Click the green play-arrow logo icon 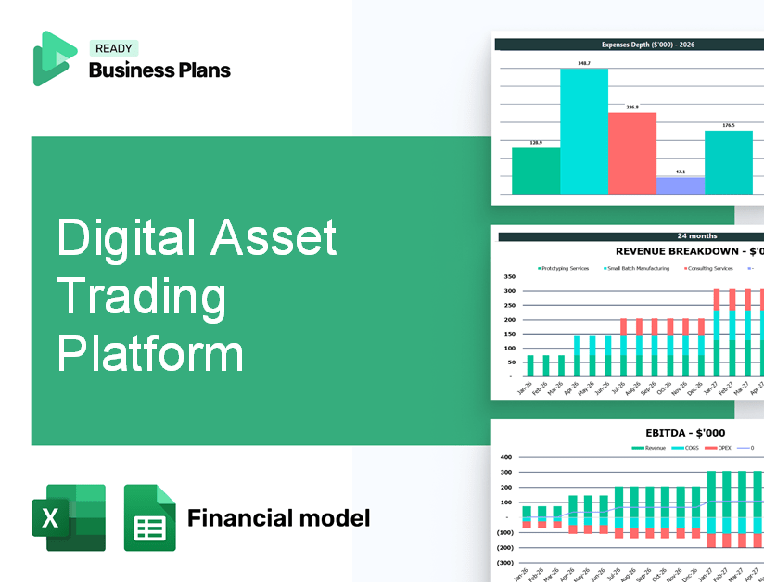(54, 58)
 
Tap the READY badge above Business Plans (113, 49)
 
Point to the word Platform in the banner (150, 354)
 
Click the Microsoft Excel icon (69, 518)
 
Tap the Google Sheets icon (149, 518)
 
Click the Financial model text (278, 517)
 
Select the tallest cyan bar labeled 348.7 (583, 131)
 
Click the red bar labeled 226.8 (631, 153)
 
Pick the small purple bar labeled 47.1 (680, 185)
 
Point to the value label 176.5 (728, 125)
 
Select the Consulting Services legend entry (710, 268)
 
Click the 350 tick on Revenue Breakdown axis (509, 277)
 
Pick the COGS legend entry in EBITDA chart (688, 447)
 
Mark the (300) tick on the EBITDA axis (504, 563)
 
